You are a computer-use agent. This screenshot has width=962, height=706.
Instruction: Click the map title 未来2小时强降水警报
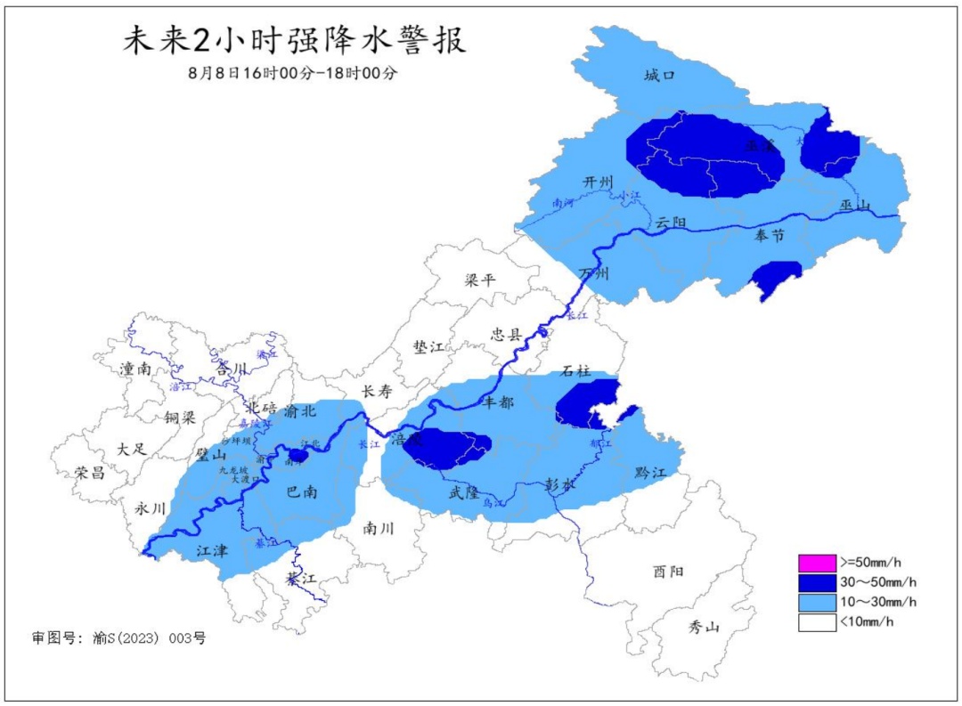(x=294, y=42)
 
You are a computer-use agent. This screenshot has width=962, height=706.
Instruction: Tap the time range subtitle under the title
(x=293, y=74)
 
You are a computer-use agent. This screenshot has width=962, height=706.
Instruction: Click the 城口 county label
(x=660, y=76)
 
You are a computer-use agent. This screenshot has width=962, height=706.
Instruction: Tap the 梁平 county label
(x=480, y=280)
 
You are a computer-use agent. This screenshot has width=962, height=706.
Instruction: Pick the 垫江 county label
(x=428, y=347)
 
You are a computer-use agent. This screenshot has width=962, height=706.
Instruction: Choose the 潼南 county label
(x=136, y=368)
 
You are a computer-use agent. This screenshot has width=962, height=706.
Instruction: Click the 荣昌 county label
(x=89, y=473)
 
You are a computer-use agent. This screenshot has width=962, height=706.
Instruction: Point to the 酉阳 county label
(x=668, y=571)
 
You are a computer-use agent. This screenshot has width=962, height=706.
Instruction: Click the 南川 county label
(x=379, y=527)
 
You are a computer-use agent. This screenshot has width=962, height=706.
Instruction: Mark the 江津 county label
(x=212, y=551)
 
